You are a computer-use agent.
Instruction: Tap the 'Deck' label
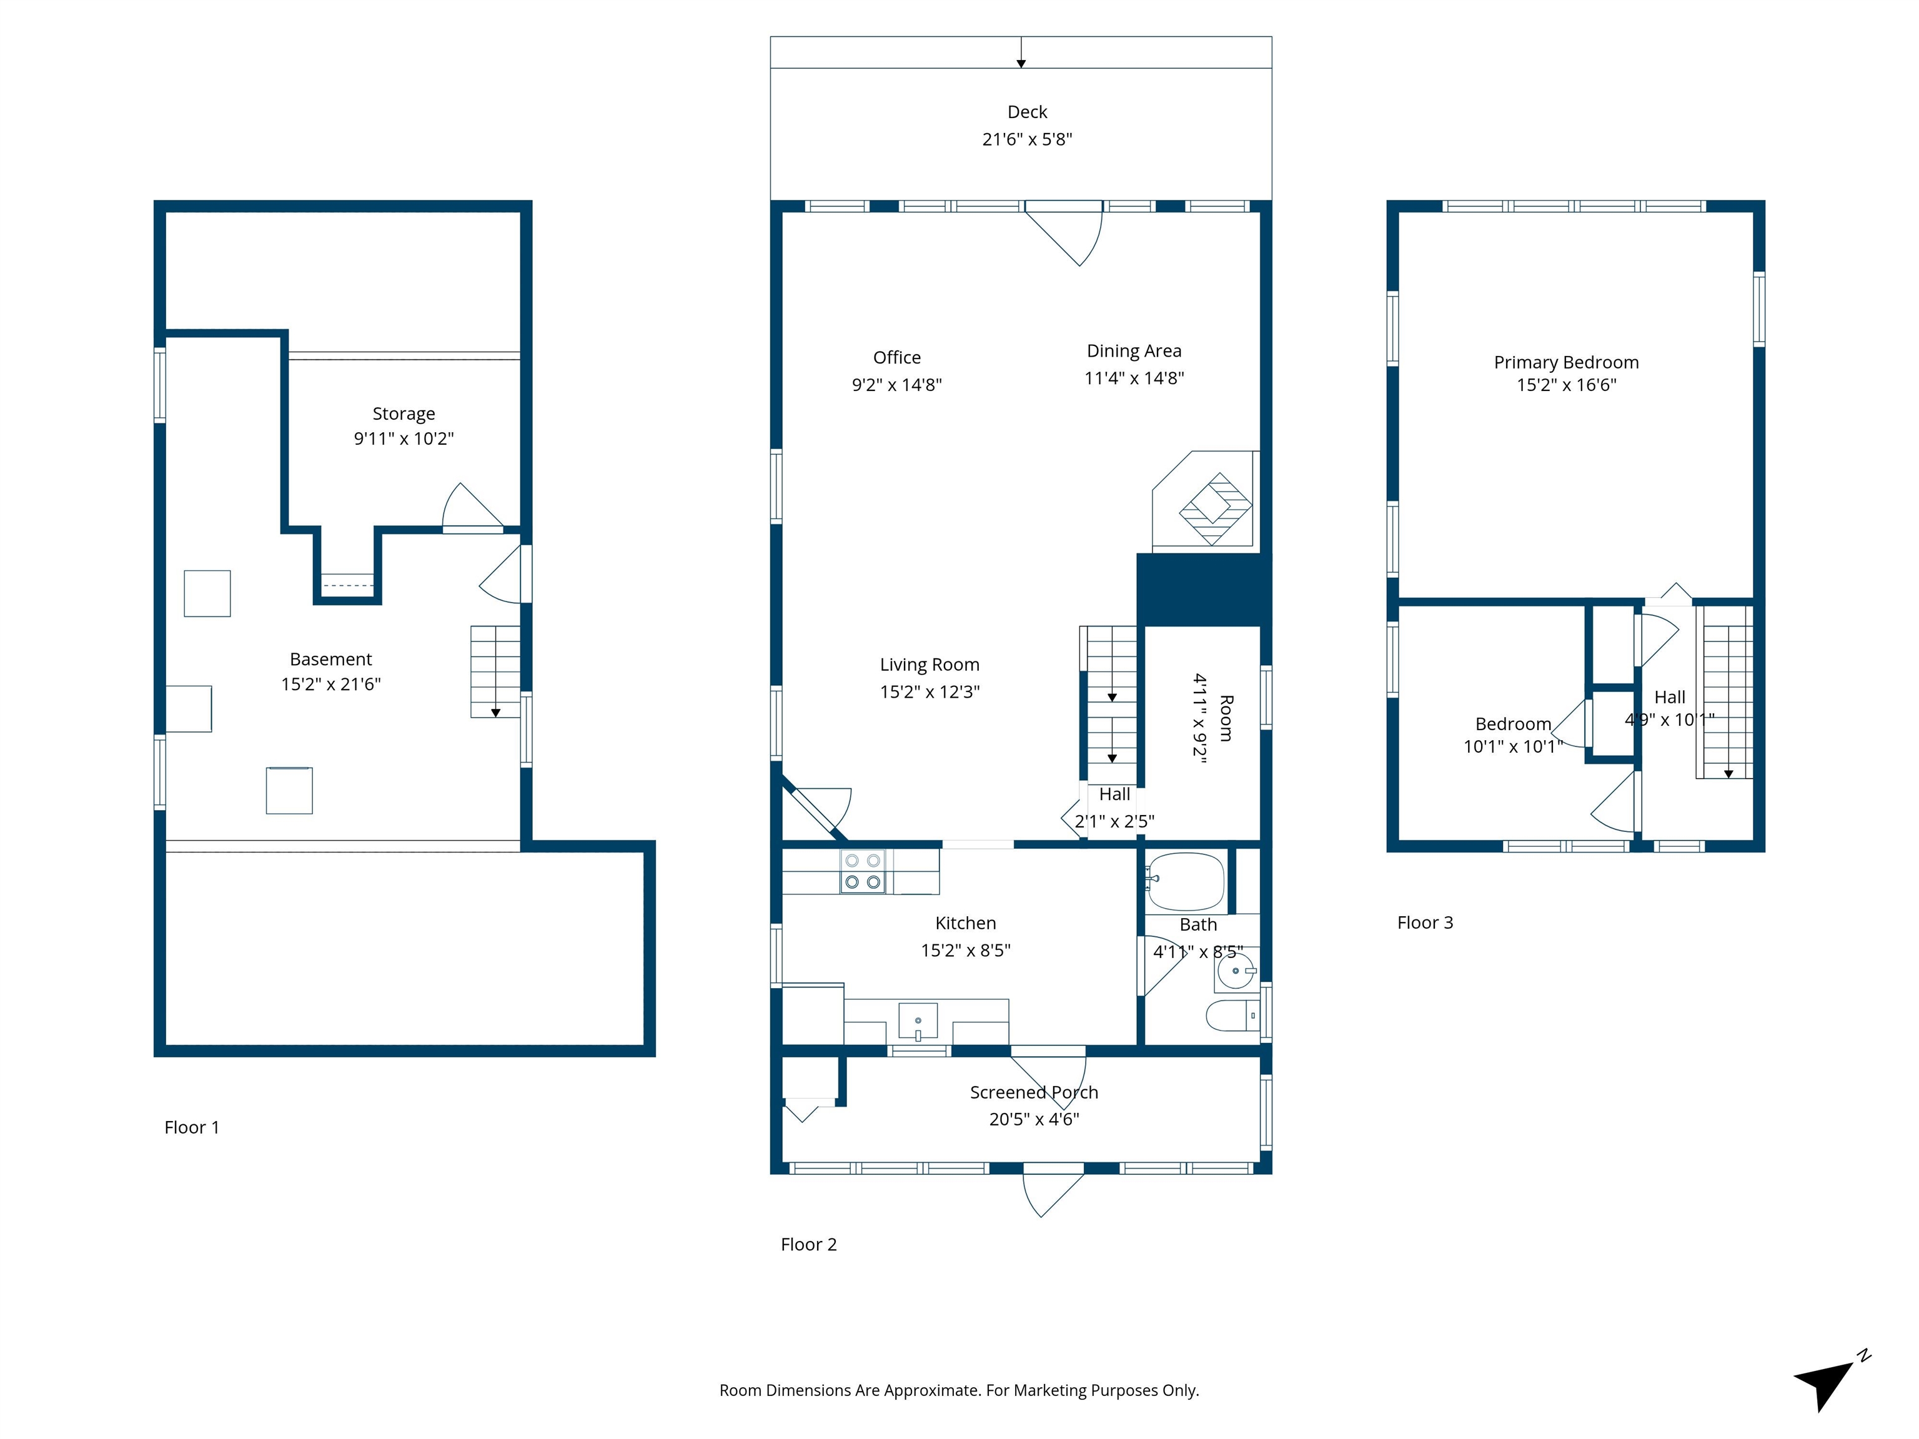point(1027,112)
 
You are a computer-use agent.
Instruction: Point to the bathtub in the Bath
point(1185,881)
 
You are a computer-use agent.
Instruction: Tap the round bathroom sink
point(1236,971)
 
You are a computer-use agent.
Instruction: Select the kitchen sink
point(918,1021)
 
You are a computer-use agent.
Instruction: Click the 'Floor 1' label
point(192,1127)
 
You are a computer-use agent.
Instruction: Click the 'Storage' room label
point(404,413)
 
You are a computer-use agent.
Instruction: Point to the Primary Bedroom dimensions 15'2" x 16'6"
point(1566,385)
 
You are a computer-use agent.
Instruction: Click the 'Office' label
point(897,357)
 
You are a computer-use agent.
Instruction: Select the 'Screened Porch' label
point(1034,1092)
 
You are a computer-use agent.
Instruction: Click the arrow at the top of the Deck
point(1021,52)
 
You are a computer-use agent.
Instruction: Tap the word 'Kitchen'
point(966,923)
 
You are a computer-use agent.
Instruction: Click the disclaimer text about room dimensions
point(959,1390)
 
